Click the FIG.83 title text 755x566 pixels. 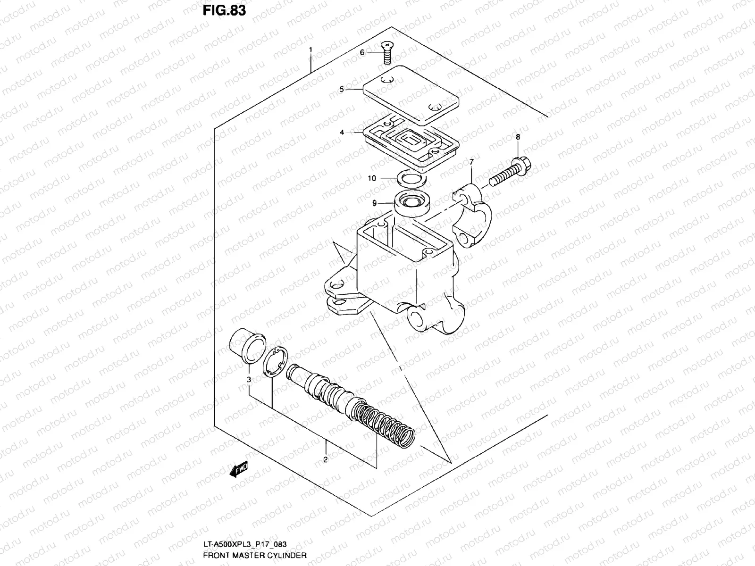[224, 10]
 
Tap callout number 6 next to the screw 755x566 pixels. [362, 52]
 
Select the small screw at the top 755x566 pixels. [386, 51]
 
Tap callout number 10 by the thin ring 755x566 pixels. [372, 178]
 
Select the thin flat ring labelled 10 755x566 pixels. [411, 179]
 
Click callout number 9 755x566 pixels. [374, 203]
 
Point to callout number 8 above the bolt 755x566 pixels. [518, 137]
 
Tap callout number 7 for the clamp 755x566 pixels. [471, 162]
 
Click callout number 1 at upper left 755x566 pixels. [310, 50]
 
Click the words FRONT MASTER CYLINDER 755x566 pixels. [255, 555]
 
